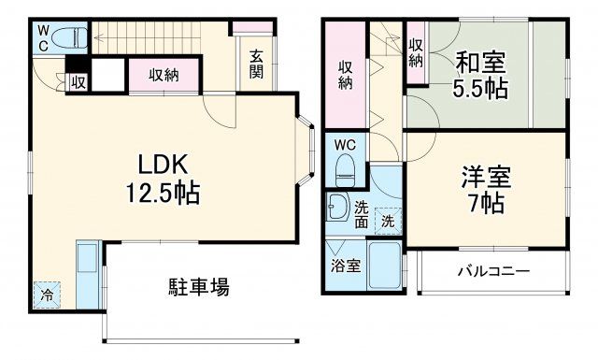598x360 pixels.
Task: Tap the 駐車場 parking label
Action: [198, 286]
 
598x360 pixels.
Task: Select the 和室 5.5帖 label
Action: [480, 77]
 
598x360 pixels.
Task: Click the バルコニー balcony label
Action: [493, 272]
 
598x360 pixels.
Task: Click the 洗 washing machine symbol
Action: [386, 223]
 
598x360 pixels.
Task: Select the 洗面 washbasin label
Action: [362, 215]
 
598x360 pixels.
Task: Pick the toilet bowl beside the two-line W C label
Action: [68, 38]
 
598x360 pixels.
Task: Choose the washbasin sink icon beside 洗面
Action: [336, 208]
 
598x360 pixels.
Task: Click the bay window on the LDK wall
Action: [308, 149]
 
